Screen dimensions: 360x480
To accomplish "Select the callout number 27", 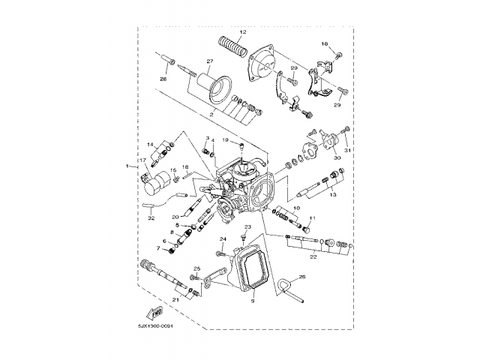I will pos(210,61).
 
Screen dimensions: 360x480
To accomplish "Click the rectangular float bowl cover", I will pos(255,267).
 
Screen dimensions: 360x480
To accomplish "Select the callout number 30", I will pos(337,158).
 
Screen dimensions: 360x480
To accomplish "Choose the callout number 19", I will pos(224,140).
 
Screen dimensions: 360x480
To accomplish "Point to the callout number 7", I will pos(158,248).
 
